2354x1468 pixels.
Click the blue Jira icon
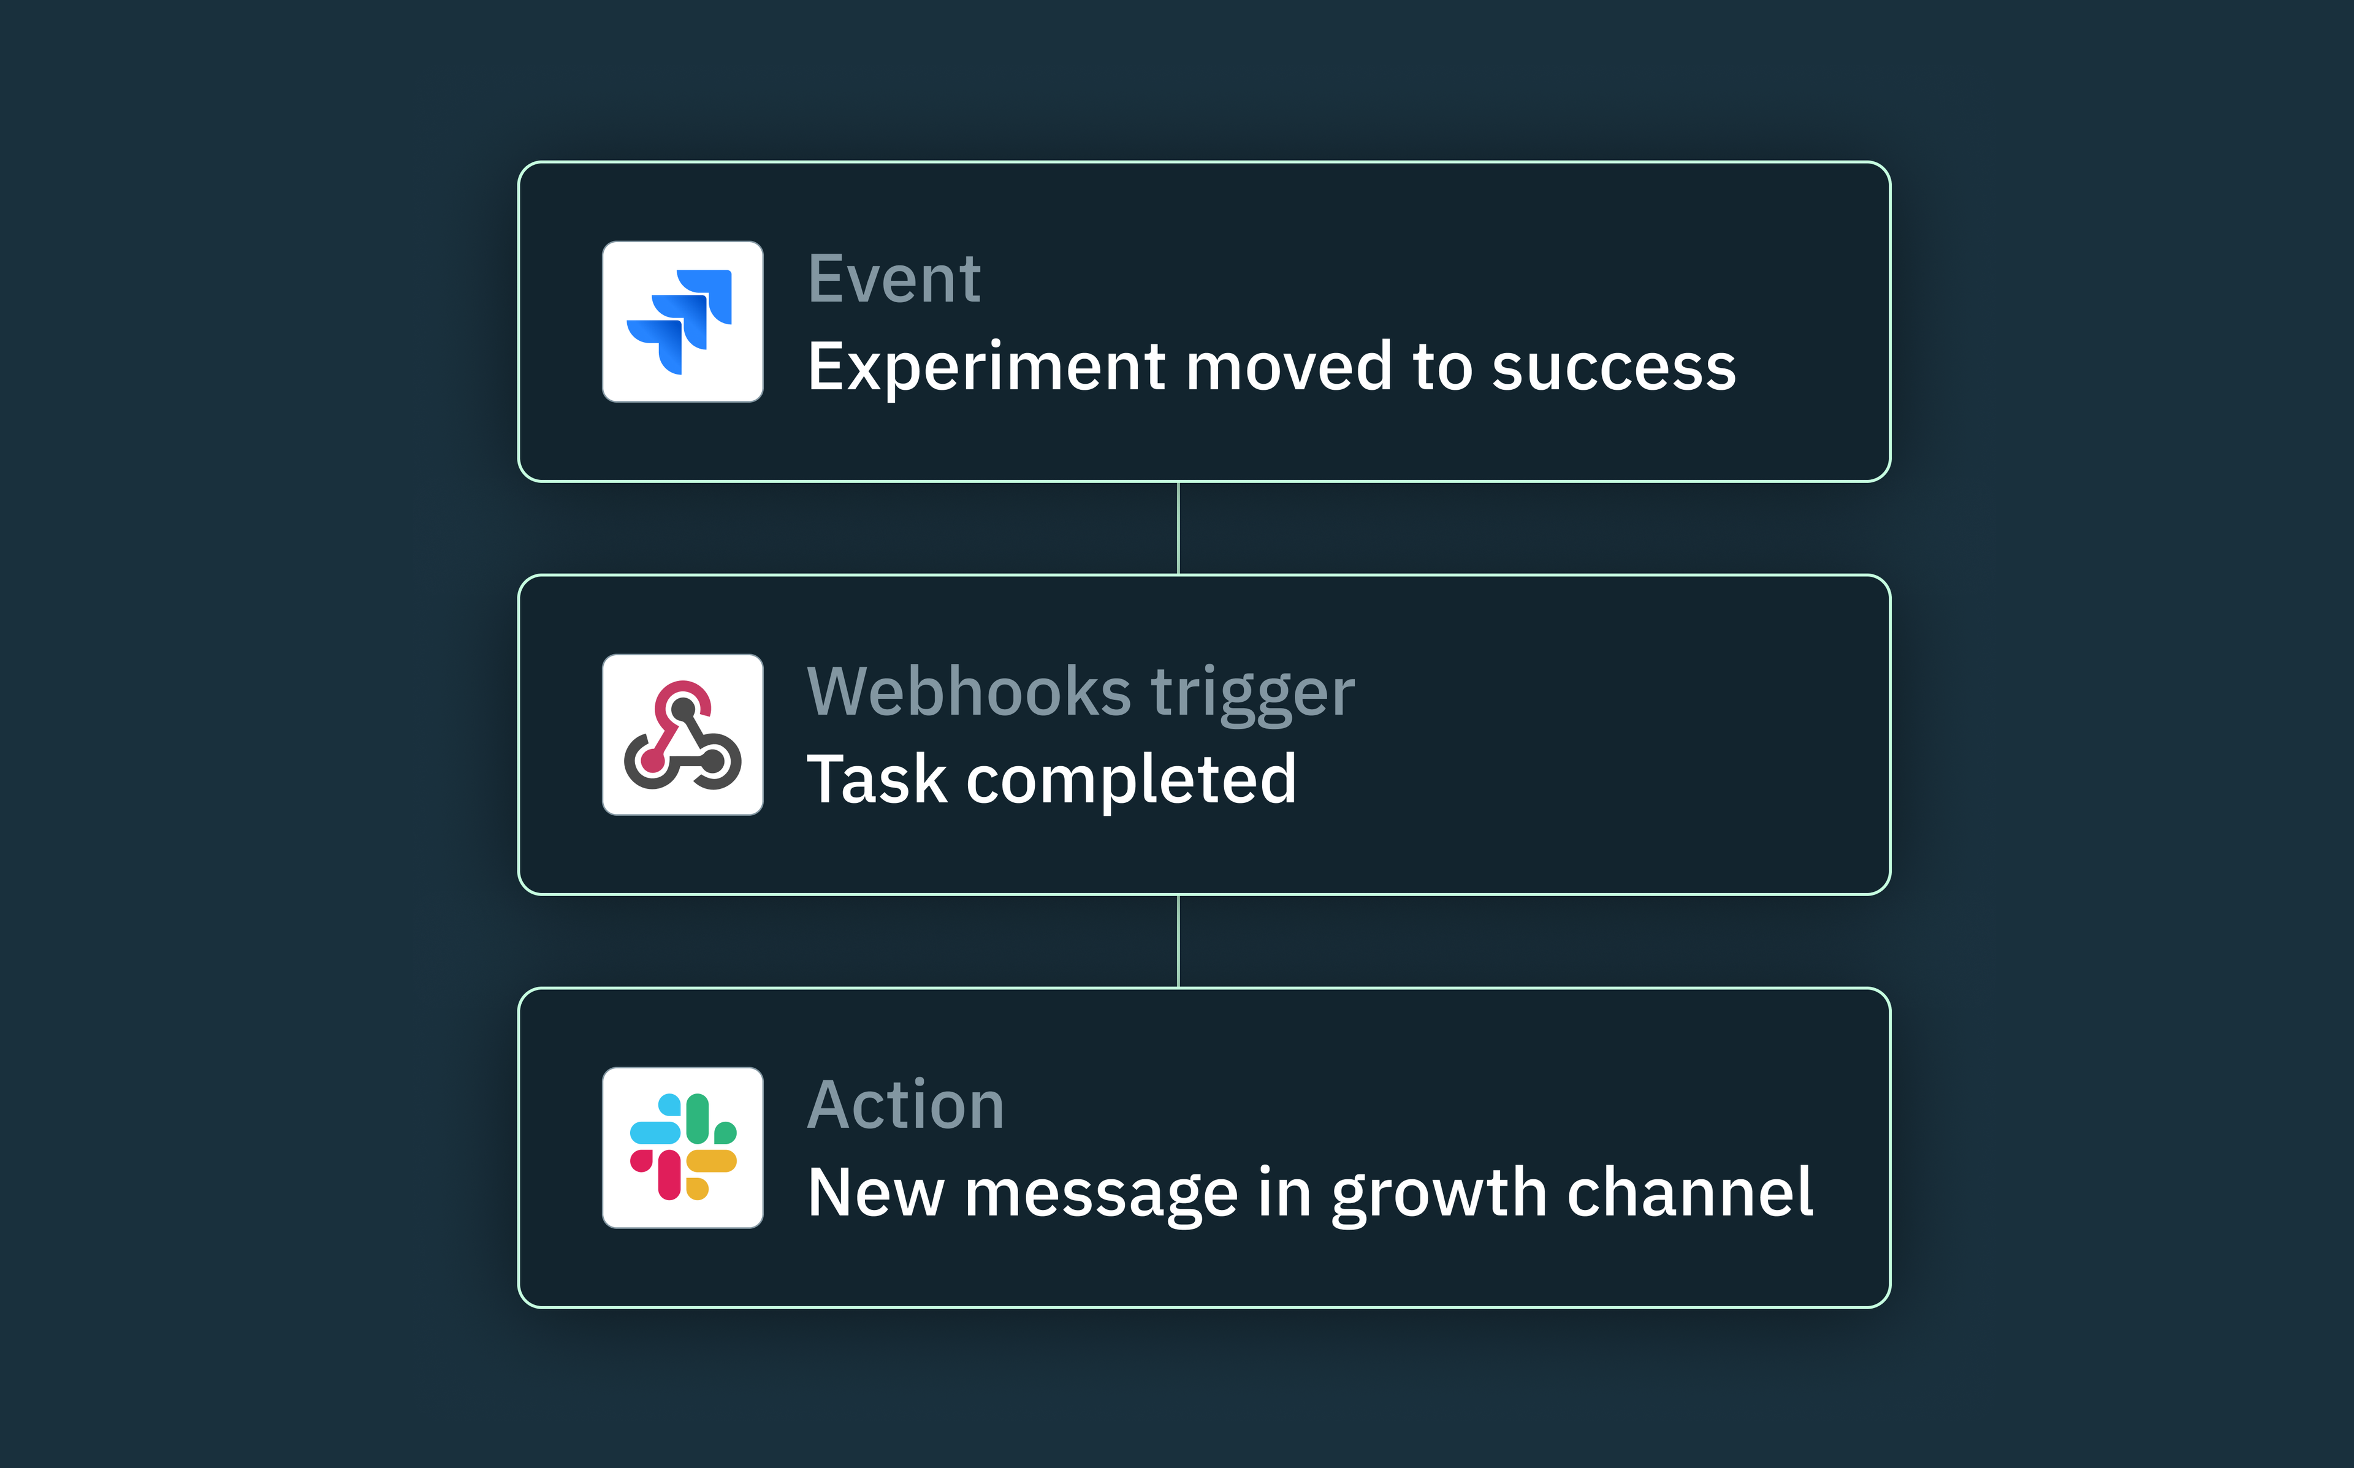pyautogui.click(x=682, y=321)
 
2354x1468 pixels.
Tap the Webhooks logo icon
pyautogui.click(x=682, y=735)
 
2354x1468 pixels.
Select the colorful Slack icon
pyautogui.click(x=682, y=1147)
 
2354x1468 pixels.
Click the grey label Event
pyautogui.click(x=894, y=280)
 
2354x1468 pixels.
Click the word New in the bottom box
pyautogui.click(x=875, y=1193)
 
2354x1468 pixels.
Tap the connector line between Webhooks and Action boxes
pyautogui.click(x=1178, y=941)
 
